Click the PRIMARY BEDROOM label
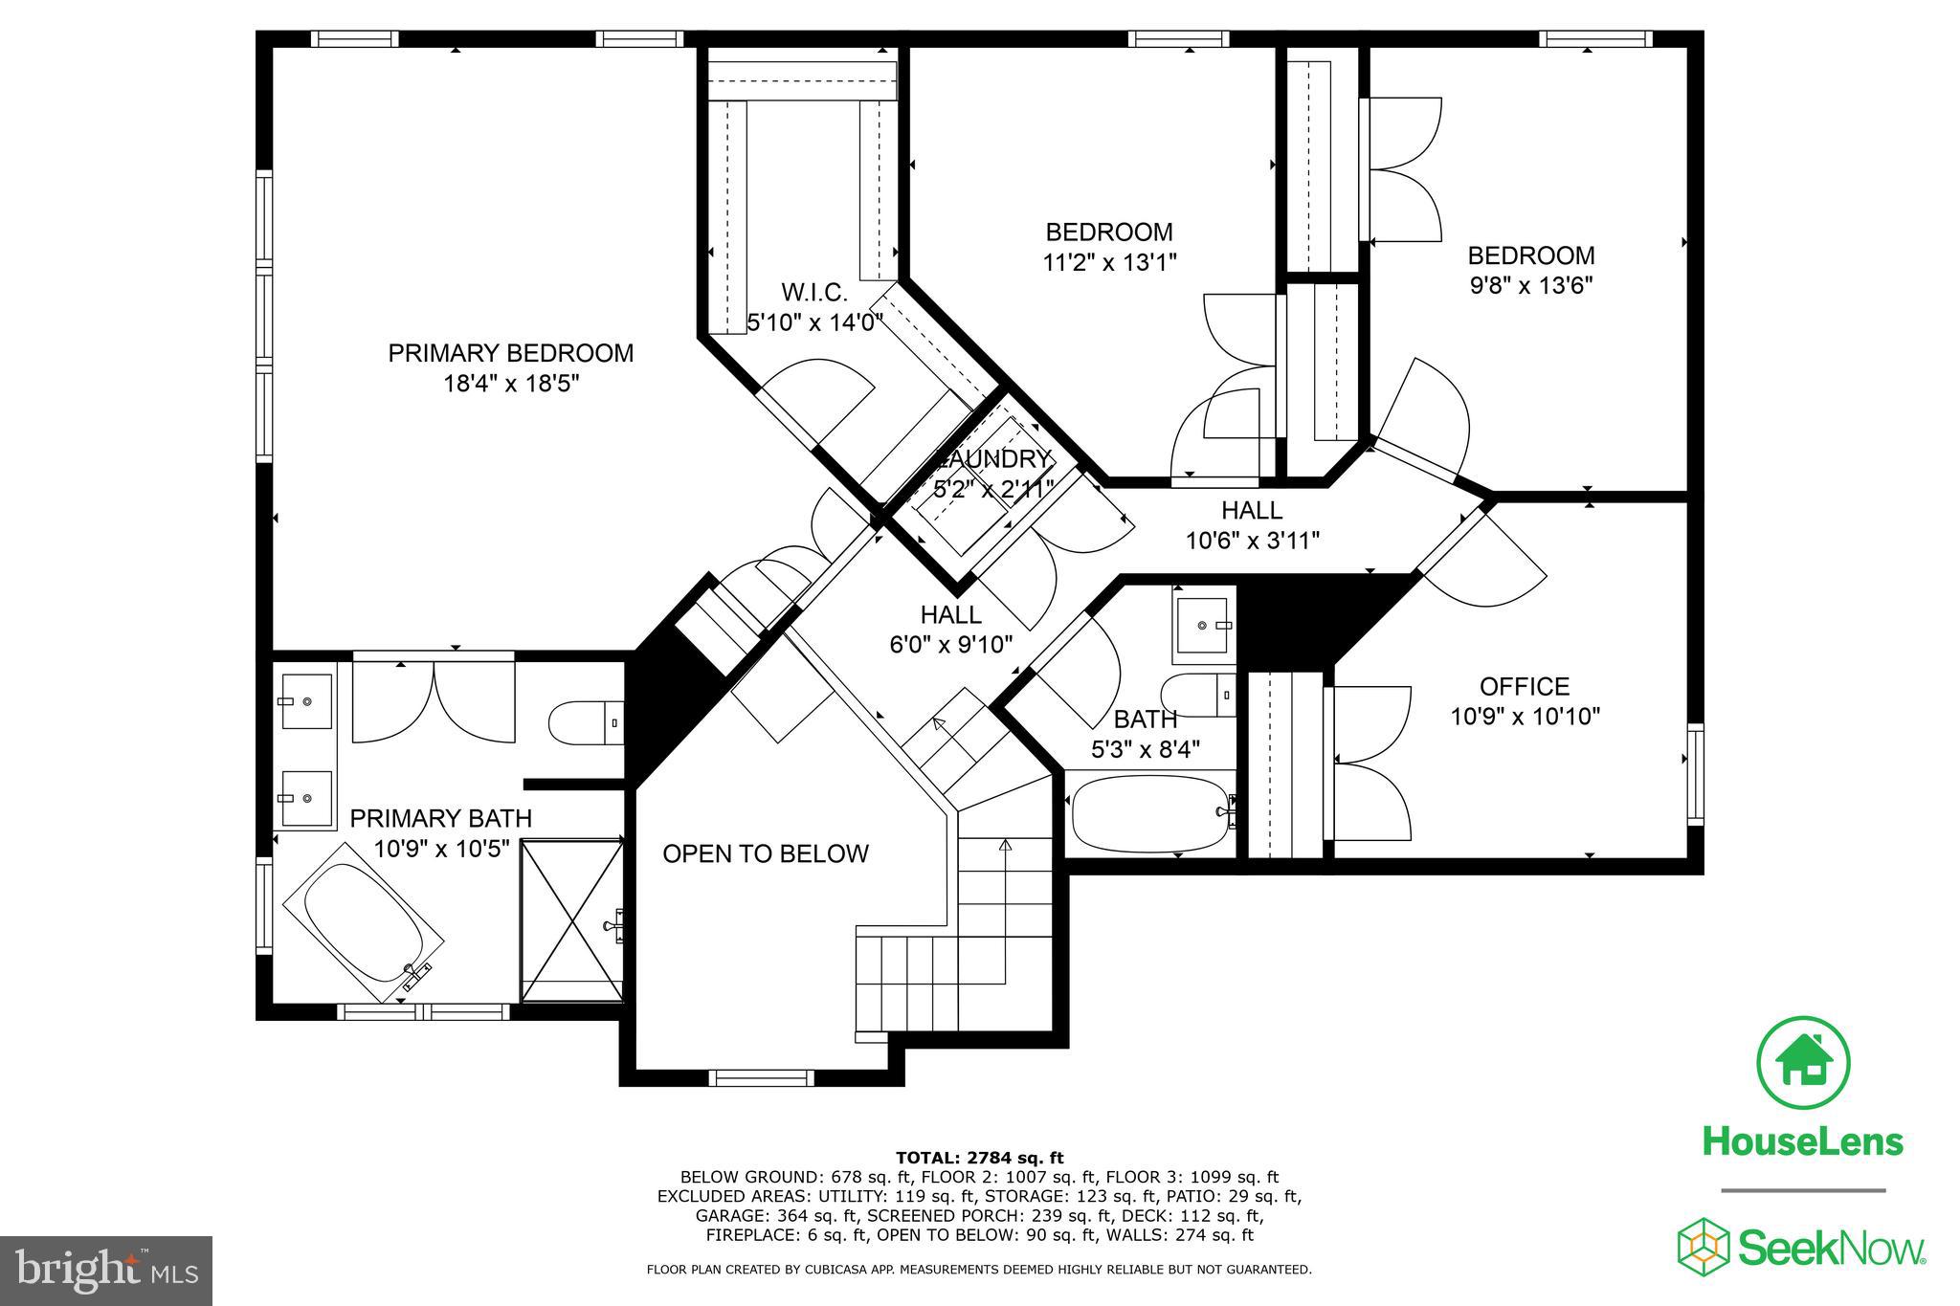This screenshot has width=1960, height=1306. [x=510, y=353]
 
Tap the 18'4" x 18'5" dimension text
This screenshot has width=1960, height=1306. [x=511, y=384]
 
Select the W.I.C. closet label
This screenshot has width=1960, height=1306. [x=814, y=292]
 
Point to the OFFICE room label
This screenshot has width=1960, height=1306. [x=1525, y=686]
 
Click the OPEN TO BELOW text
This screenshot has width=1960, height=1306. [x=766, y=853]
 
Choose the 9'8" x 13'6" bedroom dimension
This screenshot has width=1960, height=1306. [x=1531, y=285]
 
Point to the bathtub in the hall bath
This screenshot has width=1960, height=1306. [x=1148, y=813]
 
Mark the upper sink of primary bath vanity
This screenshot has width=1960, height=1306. [x=306, y=701]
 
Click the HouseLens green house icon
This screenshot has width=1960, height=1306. [x=1803, y=1063]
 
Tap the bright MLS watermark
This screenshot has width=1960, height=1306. [x=105, y=1271]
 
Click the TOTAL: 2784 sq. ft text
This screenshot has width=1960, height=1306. [x=979, y=1158]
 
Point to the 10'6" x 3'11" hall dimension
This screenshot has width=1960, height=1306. [x=1252, y=541]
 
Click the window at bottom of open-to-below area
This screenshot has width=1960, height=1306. [x=760, y=1078]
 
